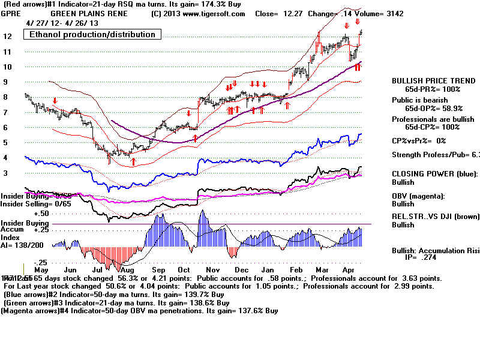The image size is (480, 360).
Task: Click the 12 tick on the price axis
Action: (x=8, y=36)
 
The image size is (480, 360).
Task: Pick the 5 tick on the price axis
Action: (x=5, y=143)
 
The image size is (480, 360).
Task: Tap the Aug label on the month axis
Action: (x=127, y=271)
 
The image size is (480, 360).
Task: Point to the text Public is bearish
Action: (x=420, y=100)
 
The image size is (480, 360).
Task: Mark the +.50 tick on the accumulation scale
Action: (x=25, y=213)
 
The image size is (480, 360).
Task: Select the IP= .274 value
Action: (x=427, y=256)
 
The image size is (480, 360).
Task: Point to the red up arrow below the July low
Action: (x=133, y=161)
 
